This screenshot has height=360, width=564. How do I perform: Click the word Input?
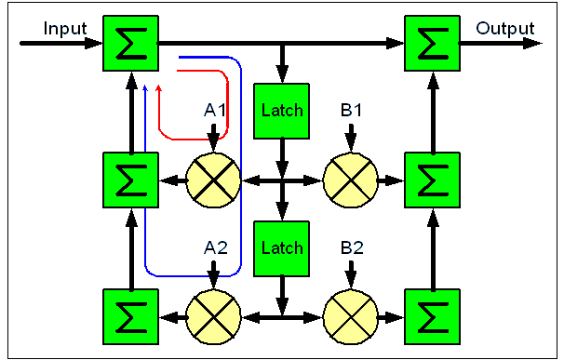pos(65,28)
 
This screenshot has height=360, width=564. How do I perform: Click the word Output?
pos(505,28)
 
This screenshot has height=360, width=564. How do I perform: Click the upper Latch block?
pos(282,111)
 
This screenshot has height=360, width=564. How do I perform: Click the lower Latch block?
pos(282,248)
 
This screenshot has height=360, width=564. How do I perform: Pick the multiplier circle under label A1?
pos(215,178)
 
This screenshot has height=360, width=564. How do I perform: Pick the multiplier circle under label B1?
pos(350,178)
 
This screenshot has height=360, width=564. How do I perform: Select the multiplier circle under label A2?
pos(215,316)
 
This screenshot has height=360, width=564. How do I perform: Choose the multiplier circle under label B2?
pos(350,316)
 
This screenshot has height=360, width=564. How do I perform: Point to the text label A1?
pos(216,111)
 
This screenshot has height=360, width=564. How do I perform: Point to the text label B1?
pos(351,111)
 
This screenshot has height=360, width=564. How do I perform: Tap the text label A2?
pos(216,248)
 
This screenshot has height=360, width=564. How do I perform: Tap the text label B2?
pos(351,248)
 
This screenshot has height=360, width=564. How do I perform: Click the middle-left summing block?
pos(131,178)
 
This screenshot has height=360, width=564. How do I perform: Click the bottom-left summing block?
pos(131,316)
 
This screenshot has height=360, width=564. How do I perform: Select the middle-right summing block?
pos(432,178)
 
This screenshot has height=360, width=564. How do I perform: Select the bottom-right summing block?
pos(432,316)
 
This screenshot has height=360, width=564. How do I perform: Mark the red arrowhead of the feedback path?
pos(159,88)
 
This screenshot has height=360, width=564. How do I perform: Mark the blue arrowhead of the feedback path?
pos(145,88)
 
